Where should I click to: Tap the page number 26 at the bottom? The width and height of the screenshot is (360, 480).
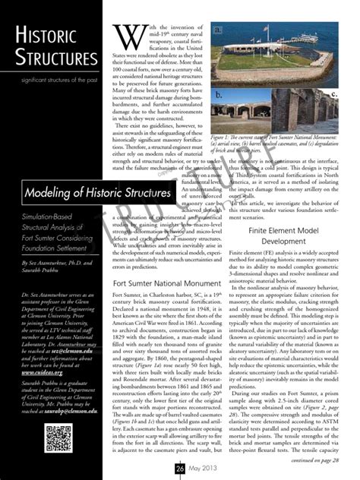click(180, 469)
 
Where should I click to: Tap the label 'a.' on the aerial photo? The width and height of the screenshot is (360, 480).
click(218, 30)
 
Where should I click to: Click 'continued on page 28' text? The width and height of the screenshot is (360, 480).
click(315, 459)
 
